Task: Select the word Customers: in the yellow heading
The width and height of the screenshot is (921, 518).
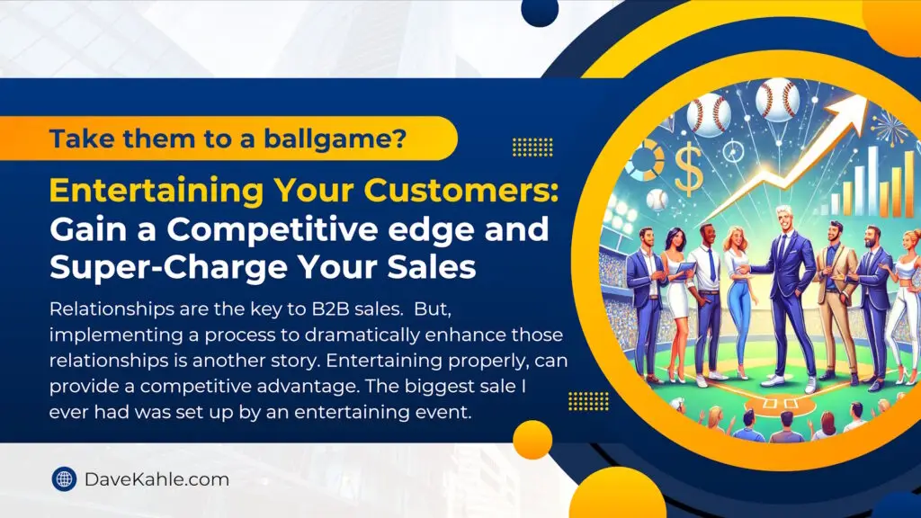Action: coord(461,190)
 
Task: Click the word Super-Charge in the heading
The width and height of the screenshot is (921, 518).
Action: coord(168,268)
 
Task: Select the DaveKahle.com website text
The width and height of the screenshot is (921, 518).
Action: coord(156,479)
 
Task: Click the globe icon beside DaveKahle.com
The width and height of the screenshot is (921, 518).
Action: coord(64,479)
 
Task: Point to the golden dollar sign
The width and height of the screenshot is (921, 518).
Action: coord(688,170)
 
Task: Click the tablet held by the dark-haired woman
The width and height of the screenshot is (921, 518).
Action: coord(684,270)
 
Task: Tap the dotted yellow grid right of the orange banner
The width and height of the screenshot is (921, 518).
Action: coord(532,147)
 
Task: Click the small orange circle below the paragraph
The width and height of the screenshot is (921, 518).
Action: coord(532,439)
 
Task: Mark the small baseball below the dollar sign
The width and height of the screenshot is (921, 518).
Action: coord(657,200)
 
